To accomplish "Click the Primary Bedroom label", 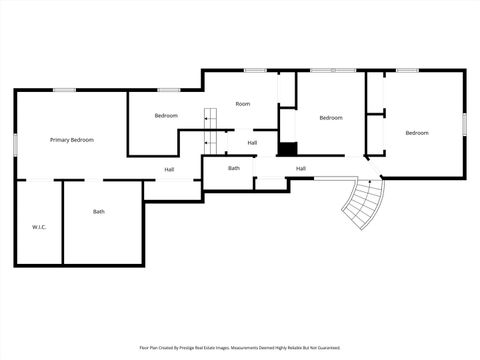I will coord(72,140).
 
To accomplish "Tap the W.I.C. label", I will coord(39,227).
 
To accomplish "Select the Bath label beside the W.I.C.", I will coord(99,212).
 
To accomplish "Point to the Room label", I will coord(242,104).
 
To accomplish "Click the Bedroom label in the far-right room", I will coord(416,133).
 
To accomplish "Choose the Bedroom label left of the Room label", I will coord(166,116).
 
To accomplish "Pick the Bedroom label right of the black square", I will coord(330,118).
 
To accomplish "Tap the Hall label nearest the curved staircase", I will coord(300,168).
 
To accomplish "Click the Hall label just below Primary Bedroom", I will coord(170,169).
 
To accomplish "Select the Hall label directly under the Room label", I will coord(252,143).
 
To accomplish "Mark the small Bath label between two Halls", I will coord(234,168).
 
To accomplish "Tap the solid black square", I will coord(288,149).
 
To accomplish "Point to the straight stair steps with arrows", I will coord(210,117).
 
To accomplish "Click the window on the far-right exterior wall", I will coord(464,122).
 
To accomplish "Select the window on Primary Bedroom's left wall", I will coord(15,143).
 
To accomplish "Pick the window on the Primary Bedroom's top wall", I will coord(65,90).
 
